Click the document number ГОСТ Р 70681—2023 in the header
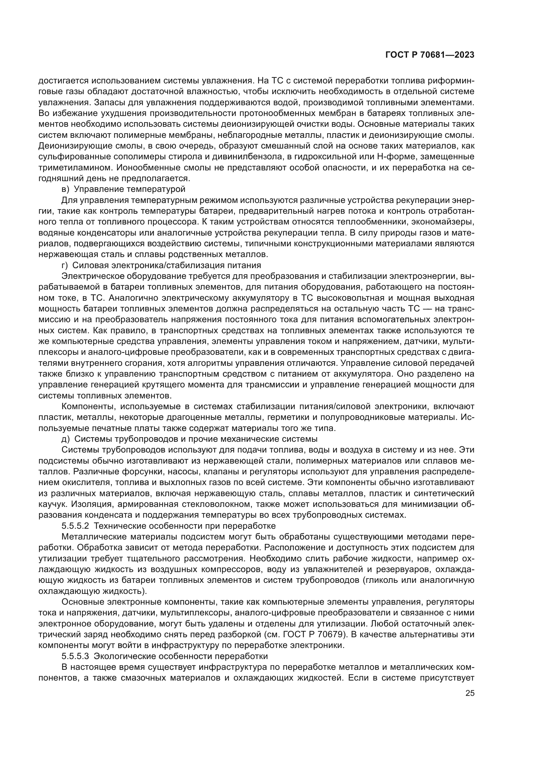point(430,55)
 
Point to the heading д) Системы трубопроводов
point(190,439)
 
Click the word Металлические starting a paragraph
point(94,537)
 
